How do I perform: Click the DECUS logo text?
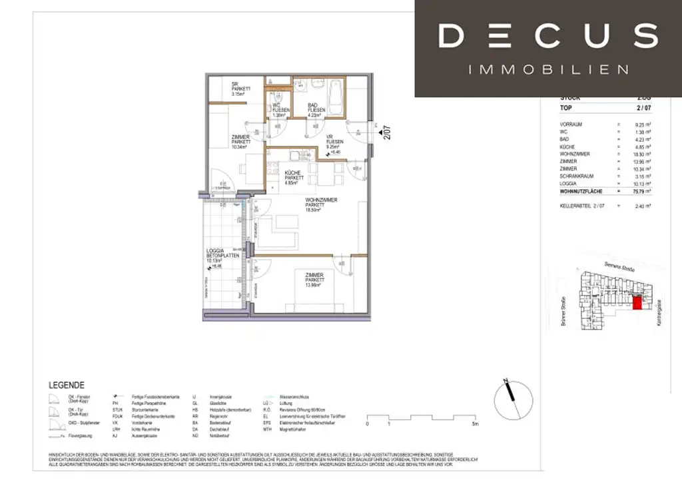click(x=548, y=35)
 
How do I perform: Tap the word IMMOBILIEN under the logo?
click(x=548, y=69)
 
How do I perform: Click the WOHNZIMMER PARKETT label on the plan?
click(x=322, y=204)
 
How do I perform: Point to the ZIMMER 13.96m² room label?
click(x=314, y=280)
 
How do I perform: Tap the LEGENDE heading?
click(x=67, y=385)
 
